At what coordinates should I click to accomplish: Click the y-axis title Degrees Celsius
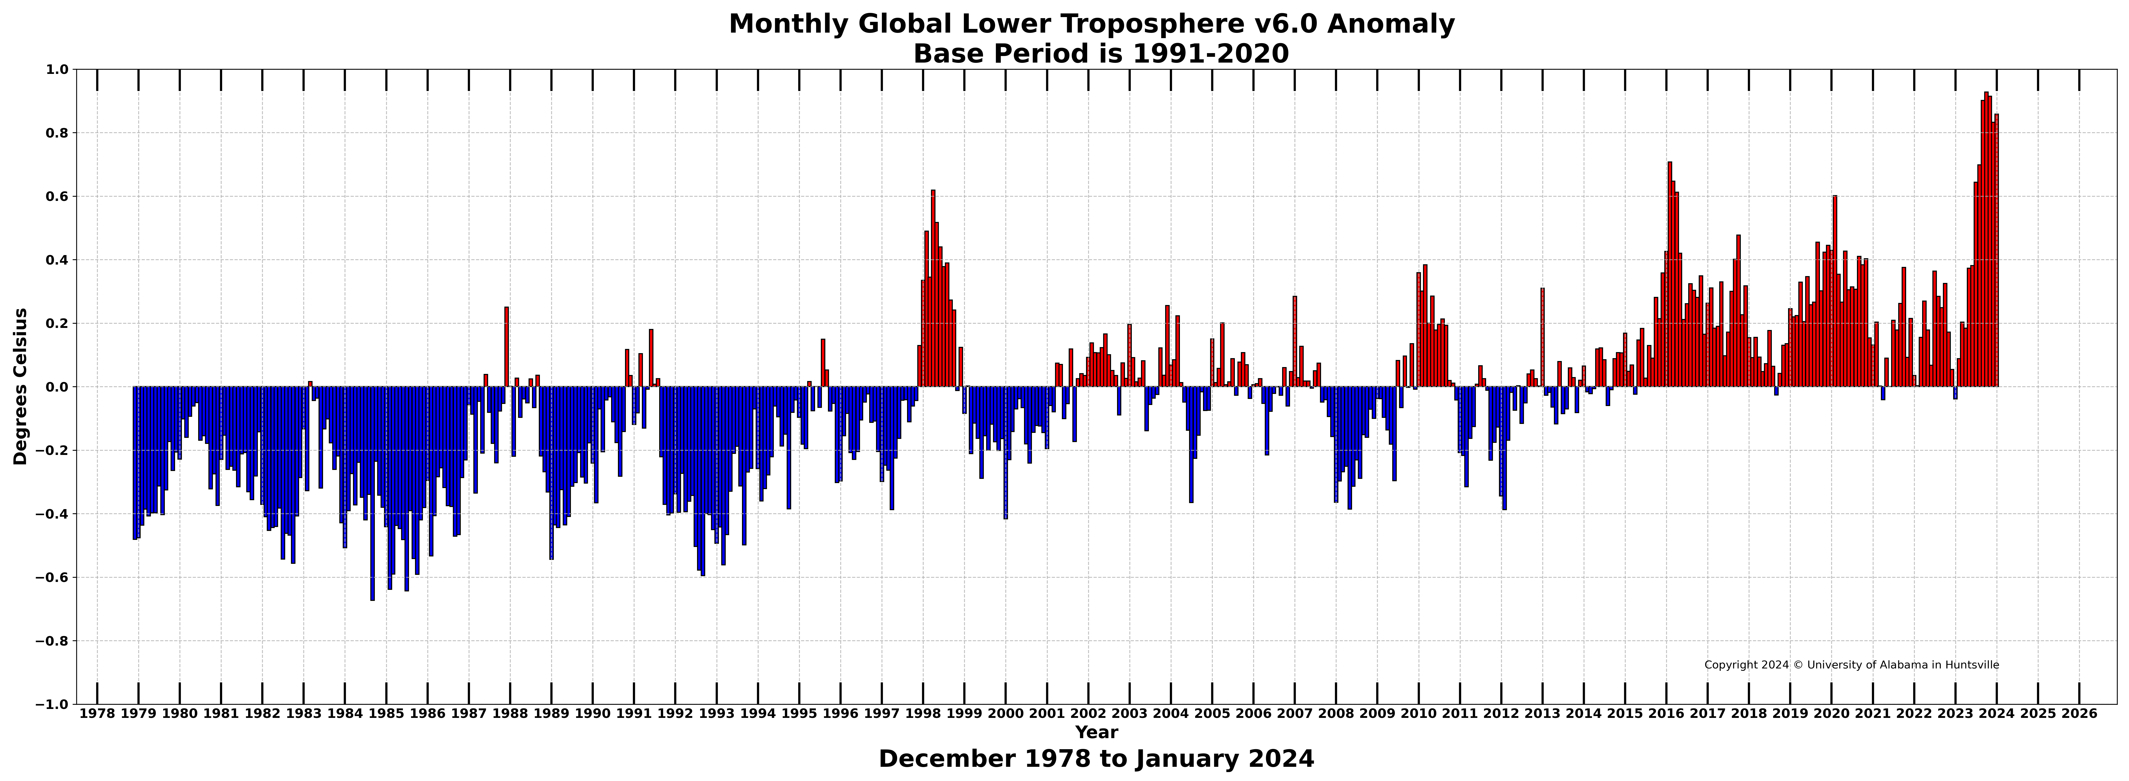pos(21,387)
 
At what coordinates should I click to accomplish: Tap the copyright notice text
pos(1851,665)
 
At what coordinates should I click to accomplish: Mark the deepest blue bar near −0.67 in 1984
pos(373,493)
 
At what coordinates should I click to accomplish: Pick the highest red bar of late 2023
pos(1986,240)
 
